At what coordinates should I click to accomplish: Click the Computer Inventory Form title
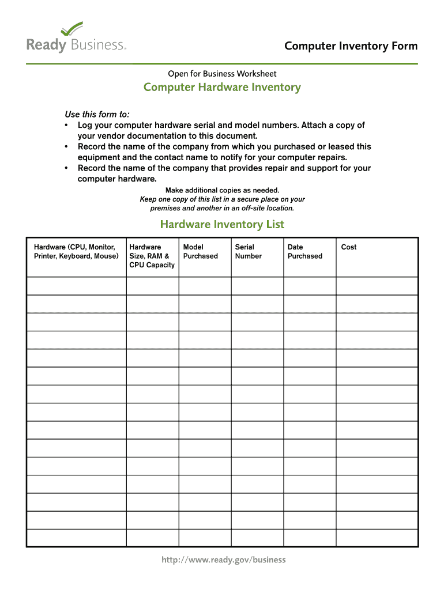click(x=351, y=46)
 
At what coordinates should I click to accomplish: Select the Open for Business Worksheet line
click(x=222, y=74)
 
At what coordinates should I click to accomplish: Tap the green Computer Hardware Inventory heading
click(x=222, y=88)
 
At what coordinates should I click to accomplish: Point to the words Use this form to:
click(x=97, y=114)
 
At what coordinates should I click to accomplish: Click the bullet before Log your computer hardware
click(x=67, y=125)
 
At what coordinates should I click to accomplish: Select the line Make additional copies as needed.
click(x=222, y=190)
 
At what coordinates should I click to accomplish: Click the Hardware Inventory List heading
click(x=222, y=224)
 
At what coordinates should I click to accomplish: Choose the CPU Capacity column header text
click(x=152, y=265)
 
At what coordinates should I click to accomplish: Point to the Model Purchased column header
click(x=200, y=252)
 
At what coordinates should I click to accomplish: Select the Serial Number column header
click(x=248, y=252)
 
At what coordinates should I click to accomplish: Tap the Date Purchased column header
click(x=304, y=252)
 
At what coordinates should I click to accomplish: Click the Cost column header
click(x=349, y=247)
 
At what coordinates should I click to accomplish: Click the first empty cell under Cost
click(x=377, y=286)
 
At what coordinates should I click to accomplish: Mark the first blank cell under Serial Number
click(x=257, y=286)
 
